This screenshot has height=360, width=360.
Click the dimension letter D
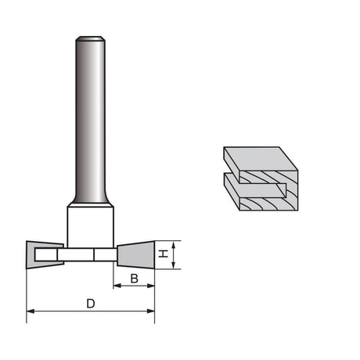click(x=91, y=304)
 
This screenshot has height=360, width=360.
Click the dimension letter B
click(x=134, y=279)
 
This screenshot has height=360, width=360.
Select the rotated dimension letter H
click(x=164, y=254)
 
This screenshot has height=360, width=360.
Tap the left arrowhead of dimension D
click(x=31, y=311)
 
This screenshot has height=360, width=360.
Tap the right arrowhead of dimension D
click(x=151, y=311)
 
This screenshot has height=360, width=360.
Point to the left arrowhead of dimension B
click(x=117, y=286)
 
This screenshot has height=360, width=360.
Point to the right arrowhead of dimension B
click(x=151, y=286)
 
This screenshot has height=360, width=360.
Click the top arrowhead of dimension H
click(x=174, y=245)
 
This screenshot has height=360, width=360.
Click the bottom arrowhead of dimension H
click(x=174, y=265)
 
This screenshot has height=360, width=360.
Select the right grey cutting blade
click(x=136, y=255)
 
